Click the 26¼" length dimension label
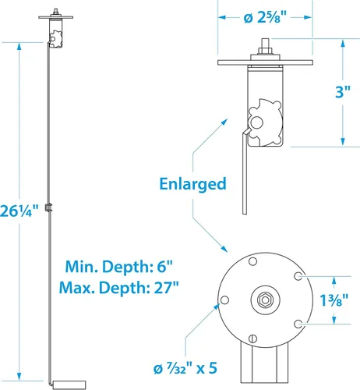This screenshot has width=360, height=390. (19, 211)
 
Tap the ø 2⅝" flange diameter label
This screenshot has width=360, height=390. (265, 18)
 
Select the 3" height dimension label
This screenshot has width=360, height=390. (343, 92)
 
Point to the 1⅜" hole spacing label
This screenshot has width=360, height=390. (334, 300)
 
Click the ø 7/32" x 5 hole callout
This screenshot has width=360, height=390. (185, 368)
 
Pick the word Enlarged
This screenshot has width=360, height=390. (192, 184)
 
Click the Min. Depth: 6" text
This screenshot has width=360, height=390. (119, 267)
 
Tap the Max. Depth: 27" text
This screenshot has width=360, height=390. (119, 288)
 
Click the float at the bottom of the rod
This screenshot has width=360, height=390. (69, 385)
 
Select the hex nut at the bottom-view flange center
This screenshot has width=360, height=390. (265, 300)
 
